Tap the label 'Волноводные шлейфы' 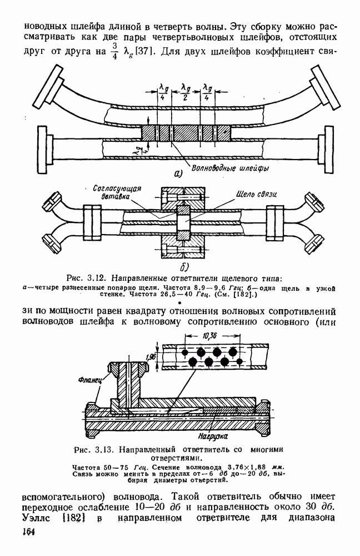coord(230,167)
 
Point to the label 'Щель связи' coord(256,194)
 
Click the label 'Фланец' coord(90,380)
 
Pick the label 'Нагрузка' coord(213,436)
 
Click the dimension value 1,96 coord(151,357)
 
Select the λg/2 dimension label coord(186,92)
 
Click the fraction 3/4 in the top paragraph coord(114,51)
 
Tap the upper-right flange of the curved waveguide coord(323,87)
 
